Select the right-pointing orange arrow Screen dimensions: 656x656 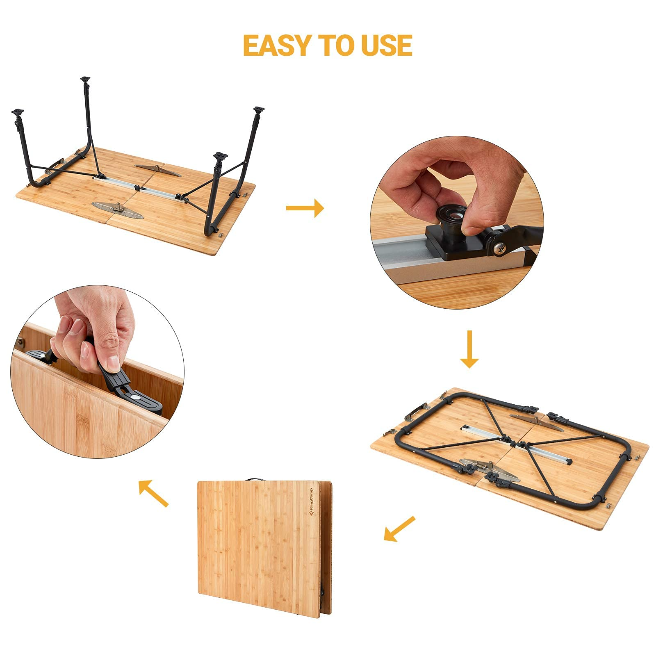click(x=305, y=208)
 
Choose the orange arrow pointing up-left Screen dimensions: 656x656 click(x=153, y=493)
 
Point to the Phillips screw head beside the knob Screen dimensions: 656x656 click(x=500, y=248)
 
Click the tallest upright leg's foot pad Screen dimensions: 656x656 click(x=85, y=79)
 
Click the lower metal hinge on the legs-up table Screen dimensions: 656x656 click(x=118, y=210)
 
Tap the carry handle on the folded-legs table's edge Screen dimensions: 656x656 click(x=415, y=411)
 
